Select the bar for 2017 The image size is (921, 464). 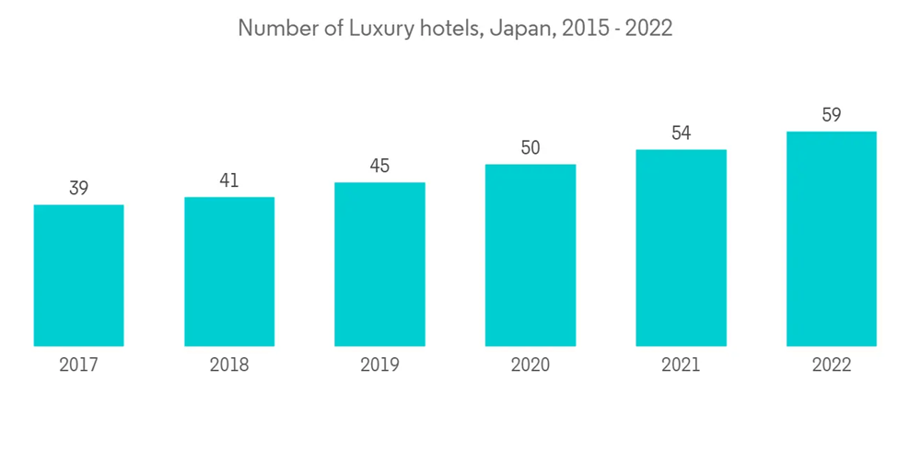click(78, 275)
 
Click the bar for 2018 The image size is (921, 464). click(229, 272)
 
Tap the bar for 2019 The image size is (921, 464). click(379, 264)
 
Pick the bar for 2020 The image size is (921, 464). click(530, 255)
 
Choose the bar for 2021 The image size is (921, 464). click(681, 248)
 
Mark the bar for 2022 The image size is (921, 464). click(831, 238)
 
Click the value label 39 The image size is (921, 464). click(78, 189)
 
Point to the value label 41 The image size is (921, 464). click(229, 181)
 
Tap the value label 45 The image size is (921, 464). click(379, 167)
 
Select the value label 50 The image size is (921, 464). click(530, 148)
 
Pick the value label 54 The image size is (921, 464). click(681, 133)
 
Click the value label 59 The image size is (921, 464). click(831, 116)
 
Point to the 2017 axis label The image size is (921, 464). click(78, 365)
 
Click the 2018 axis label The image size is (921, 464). click(229, 365)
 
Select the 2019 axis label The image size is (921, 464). click(379, 365)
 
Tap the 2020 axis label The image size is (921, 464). click(530, 365)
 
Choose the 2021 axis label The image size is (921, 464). click(681, 365)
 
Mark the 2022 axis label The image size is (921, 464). click(831, 365)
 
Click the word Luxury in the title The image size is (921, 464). click(378, 29)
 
